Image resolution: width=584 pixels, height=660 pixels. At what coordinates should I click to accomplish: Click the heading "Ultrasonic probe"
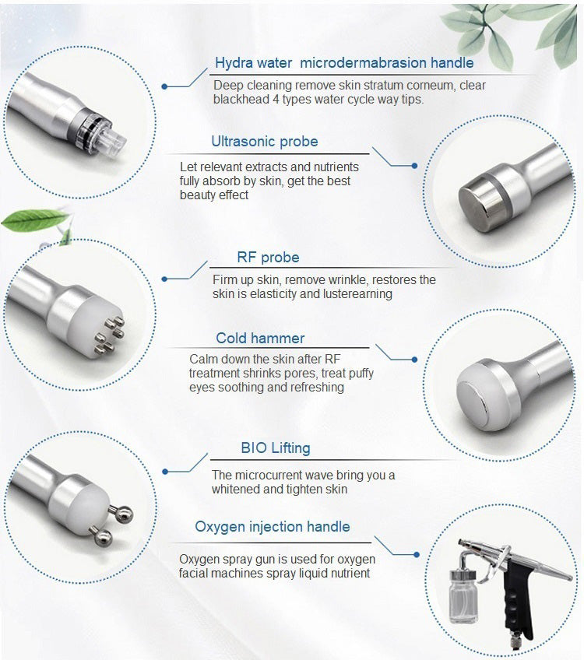pos(265,142)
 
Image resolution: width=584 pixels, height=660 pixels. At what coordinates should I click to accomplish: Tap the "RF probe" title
pos(268,257)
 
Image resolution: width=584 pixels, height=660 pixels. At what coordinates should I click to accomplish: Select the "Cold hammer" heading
pos(260,338)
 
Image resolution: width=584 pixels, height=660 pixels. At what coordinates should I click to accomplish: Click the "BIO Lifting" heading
pos(276,448)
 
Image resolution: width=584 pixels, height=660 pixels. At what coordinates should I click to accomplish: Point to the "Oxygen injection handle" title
pos(273,527)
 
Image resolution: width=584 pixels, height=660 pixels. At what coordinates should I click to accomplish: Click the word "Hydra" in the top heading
pos(233,63)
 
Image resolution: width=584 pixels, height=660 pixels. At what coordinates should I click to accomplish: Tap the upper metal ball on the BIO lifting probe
pos(124,514)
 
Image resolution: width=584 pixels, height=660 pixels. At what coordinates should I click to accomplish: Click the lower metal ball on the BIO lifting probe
pos(103,538)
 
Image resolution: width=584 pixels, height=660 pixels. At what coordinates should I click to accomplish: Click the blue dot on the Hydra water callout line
pos(164,86)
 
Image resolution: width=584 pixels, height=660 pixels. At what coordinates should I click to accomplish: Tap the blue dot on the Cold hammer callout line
pos(415,360)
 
